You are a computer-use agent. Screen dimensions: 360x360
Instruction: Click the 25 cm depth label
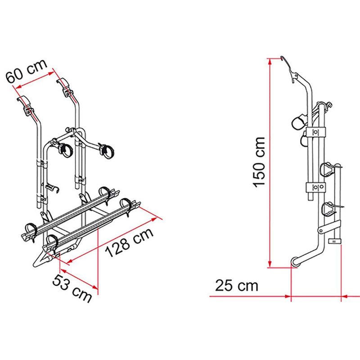tap(237, 285)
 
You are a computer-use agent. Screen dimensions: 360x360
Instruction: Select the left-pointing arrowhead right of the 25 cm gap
tap(345, 296)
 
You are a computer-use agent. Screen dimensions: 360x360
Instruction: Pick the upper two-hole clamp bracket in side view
tap(315, 132)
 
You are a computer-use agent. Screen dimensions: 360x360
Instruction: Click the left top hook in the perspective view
tap(25, 103)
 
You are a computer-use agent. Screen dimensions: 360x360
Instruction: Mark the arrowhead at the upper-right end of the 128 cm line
tap(158, 218)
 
